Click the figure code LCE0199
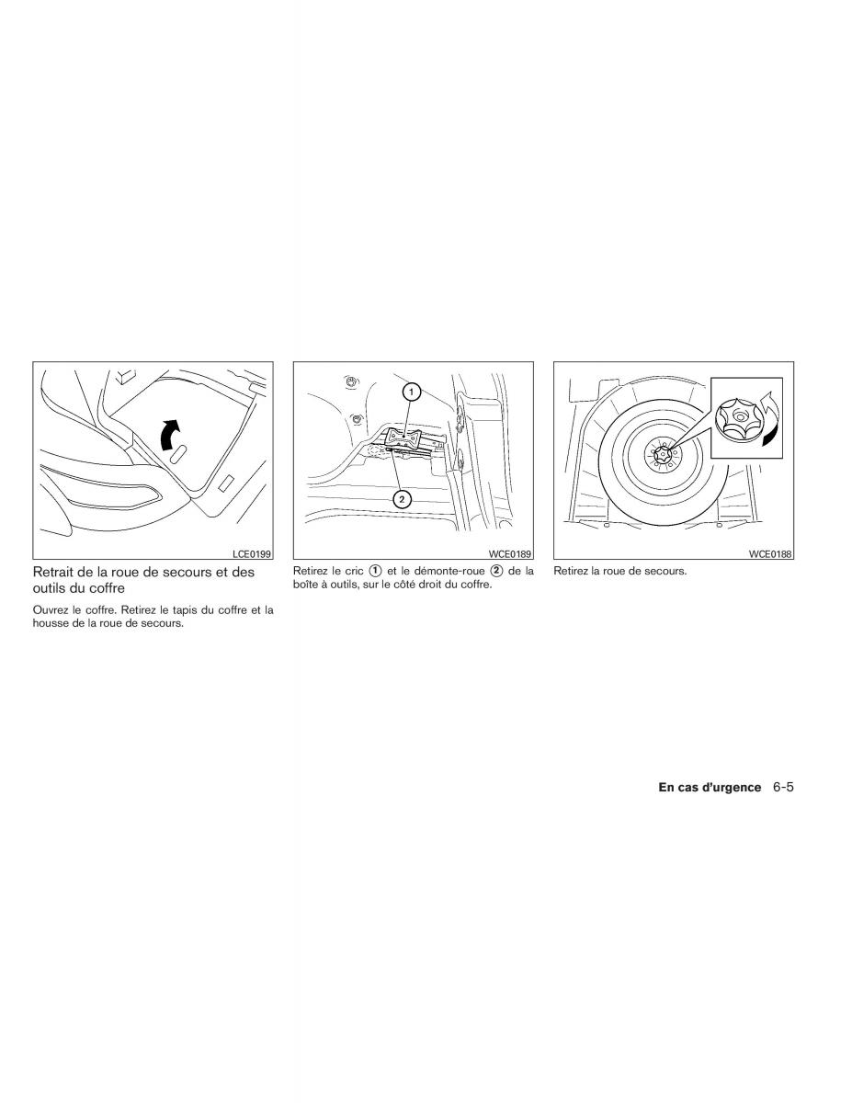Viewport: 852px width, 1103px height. [x=252, y=553]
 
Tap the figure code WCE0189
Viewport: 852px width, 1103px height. [x=510, y=553]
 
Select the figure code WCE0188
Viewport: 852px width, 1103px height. [x=770, y=553]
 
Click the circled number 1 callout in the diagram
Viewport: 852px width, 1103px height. [x=412, y=392]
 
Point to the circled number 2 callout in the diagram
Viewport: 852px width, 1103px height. [x=402, y=499]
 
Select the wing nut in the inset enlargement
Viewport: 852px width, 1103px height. [x=740, y=417]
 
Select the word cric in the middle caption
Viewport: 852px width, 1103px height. [x=354, y=571]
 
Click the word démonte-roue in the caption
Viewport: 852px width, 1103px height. [x=449, y=571]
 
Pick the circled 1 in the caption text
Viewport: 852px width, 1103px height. [x=375, y=571]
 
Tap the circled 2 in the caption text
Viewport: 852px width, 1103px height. [x=496, y=571]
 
